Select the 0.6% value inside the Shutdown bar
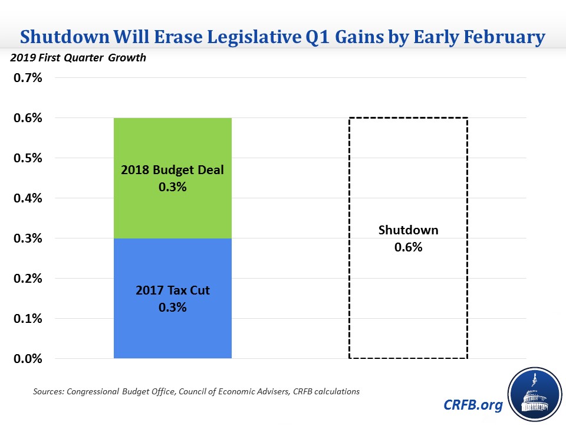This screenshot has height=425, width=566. pyautogui.click(x=408, y=247)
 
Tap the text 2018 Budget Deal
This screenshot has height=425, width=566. pyautogui.click(x=172, y=171)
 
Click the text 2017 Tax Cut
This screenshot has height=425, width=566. pyautogui.click(x=172, y=290)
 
